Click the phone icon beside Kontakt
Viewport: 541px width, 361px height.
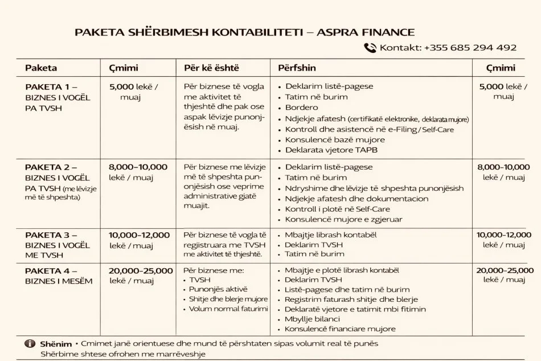pyautogui.click(x=370, y=48)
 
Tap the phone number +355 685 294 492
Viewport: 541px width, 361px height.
pyautogui.click(x=470, y=48)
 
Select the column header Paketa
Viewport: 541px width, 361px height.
pyautogui.click(x=41, y=68)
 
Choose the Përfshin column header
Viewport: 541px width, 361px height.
pyautogui.click(x=297, y=68)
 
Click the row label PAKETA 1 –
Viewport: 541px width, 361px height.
pyautogui.click(x=51, y=87)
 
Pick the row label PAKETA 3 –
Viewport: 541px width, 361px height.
pyautogui.click(x=51, y=235)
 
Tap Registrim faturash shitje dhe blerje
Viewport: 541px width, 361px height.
pyautogui.click(x=351, y=299)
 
